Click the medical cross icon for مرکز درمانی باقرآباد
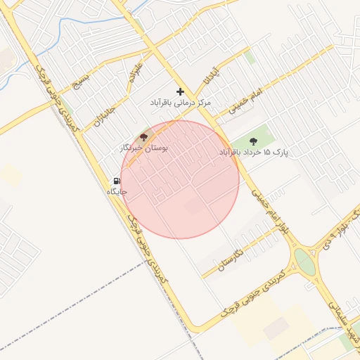[x=181, y=91]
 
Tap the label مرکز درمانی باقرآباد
[x=180, y=103]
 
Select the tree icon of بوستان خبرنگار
[x=144, y=137]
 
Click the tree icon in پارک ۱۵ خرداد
[x=253, y=141]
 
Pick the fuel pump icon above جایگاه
[x=116, y=181]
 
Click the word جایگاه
[x=116, y=191]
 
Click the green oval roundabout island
[x=304, y=262]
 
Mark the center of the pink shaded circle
[x=180, y=179]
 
